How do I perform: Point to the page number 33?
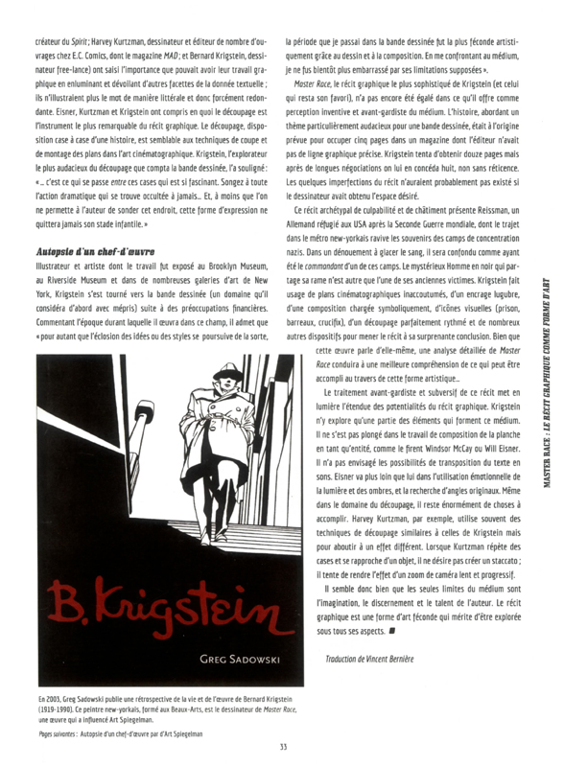pos(283,747)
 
